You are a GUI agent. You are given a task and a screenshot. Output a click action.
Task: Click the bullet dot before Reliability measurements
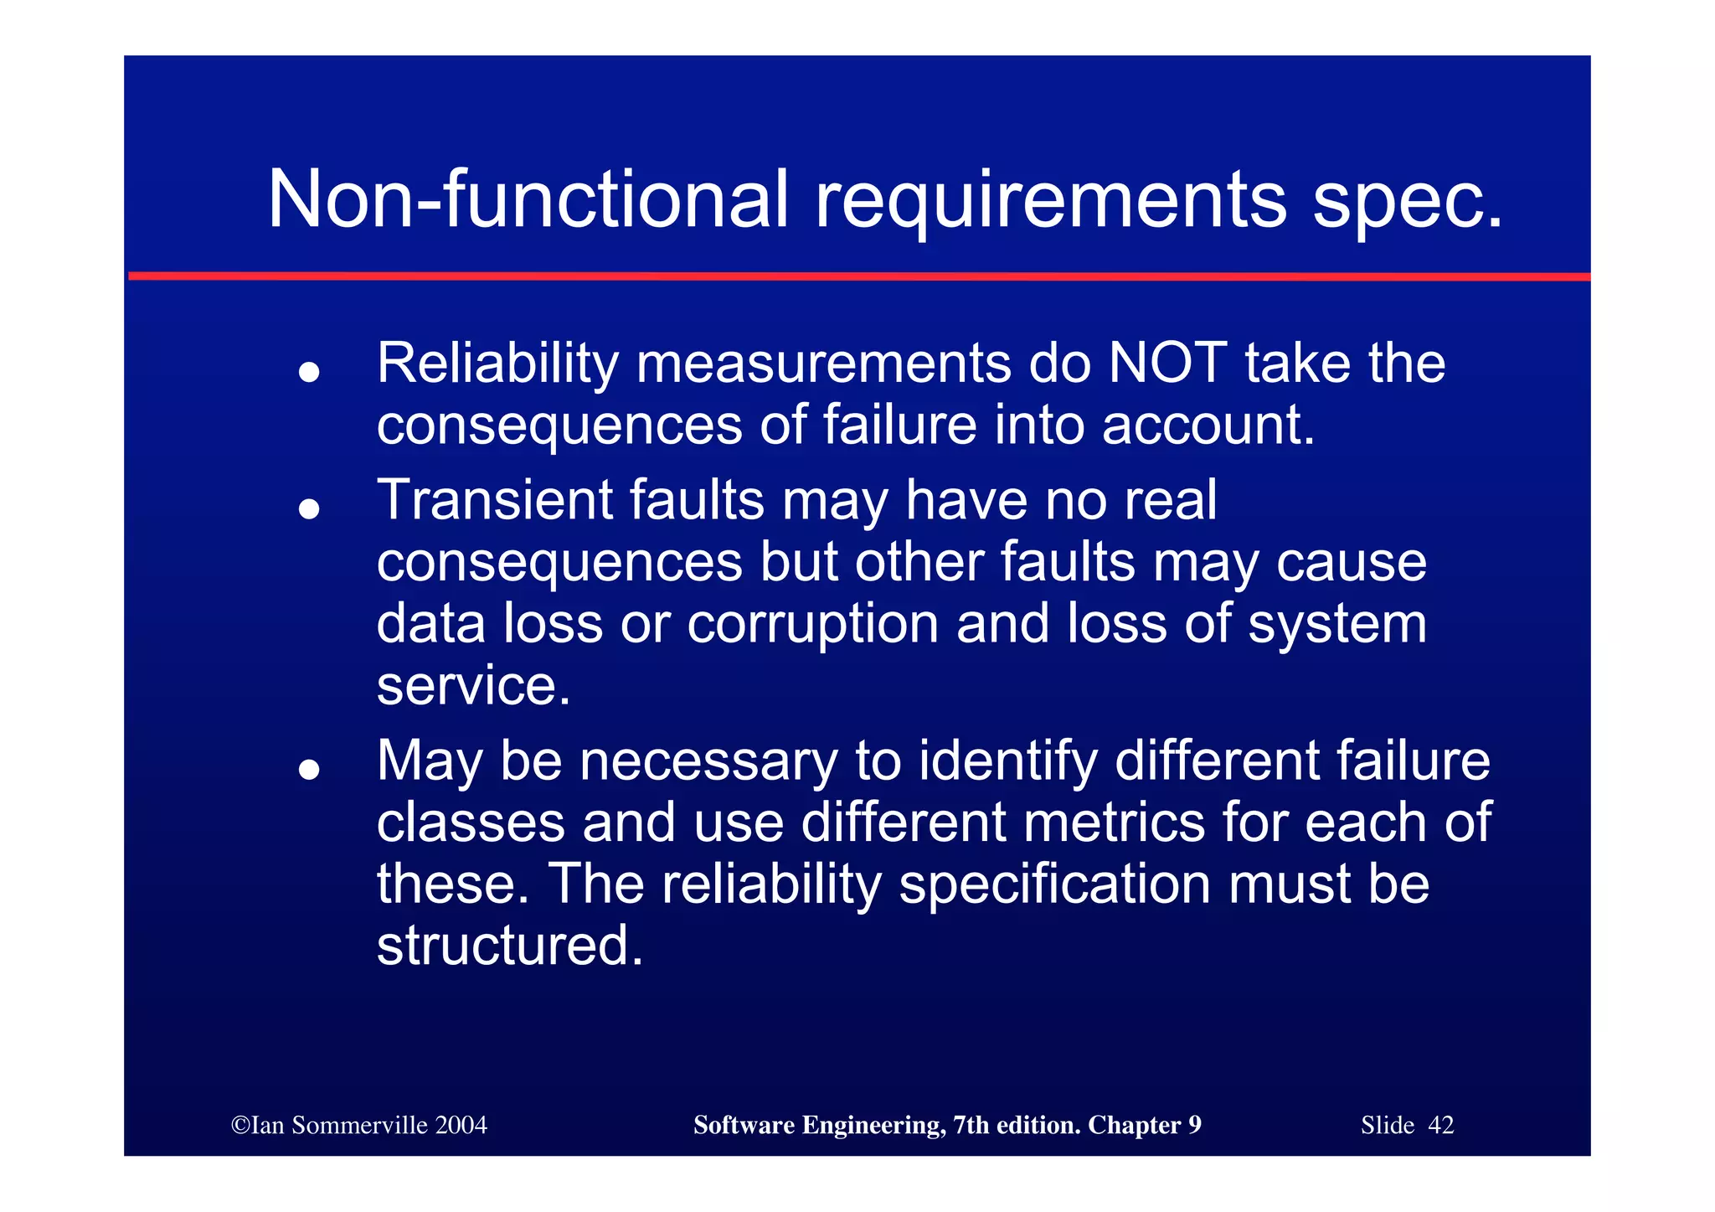(x=310, y=372)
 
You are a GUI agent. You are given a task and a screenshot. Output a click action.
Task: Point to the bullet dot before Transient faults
(x=310, y=508)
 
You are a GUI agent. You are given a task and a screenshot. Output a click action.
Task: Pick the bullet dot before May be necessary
(x=310, y=769)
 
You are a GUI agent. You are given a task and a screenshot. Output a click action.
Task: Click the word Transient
(x=495, y=500)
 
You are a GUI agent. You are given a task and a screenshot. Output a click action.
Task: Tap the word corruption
(x=812, y=624)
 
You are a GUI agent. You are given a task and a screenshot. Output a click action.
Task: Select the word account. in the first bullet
(x=1208, y=425)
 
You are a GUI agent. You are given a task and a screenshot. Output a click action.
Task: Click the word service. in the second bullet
(x=474, y=686)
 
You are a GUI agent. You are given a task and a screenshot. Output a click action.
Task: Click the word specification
(x=1054, y=885)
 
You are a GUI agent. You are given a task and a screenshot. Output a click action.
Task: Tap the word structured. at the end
(x=510, y=946)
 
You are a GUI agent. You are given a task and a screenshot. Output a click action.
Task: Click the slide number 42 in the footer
(x=1440, y=1125)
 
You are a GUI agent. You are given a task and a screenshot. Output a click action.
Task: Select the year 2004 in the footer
(x=461, y=1125)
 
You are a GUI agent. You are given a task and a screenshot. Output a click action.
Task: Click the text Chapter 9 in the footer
(x=1144, y=1125)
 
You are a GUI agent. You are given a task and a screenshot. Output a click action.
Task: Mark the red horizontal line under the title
(x=857, y=276)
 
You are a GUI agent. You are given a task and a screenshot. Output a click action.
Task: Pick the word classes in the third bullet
(x=470, y=823)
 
